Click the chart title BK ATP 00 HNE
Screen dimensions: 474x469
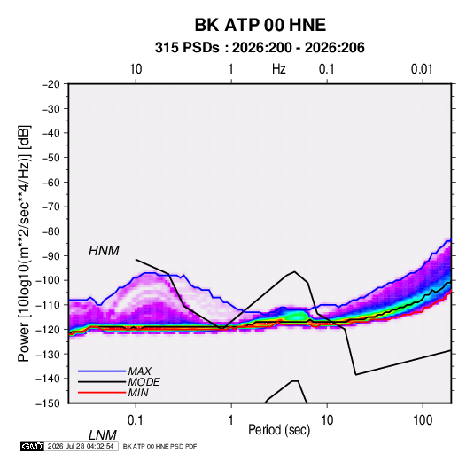click(260, 25)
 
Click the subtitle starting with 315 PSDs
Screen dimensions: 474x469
click(260, 48)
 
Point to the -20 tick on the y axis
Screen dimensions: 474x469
click(51, 84)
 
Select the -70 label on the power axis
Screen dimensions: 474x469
click(51, 207)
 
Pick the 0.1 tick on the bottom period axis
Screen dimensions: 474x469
click(135, 420)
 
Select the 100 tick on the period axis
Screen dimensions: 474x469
click(423, 420)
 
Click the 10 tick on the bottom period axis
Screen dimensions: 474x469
click(327, 420)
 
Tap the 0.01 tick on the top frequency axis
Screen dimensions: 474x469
click(422, 69)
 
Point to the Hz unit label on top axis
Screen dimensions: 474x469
click(279, 69)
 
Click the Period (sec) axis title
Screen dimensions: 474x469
click(279, 430)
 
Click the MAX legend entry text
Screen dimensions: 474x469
click(140, 371)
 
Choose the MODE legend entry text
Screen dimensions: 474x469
click(144, 382)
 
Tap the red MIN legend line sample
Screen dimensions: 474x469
click(102, 393)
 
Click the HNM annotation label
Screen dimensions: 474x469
click(104, 251)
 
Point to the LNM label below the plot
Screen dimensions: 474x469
click(103, 435)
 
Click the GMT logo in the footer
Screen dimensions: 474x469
click(33, 446)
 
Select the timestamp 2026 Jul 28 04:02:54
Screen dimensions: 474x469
click(81, 446)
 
